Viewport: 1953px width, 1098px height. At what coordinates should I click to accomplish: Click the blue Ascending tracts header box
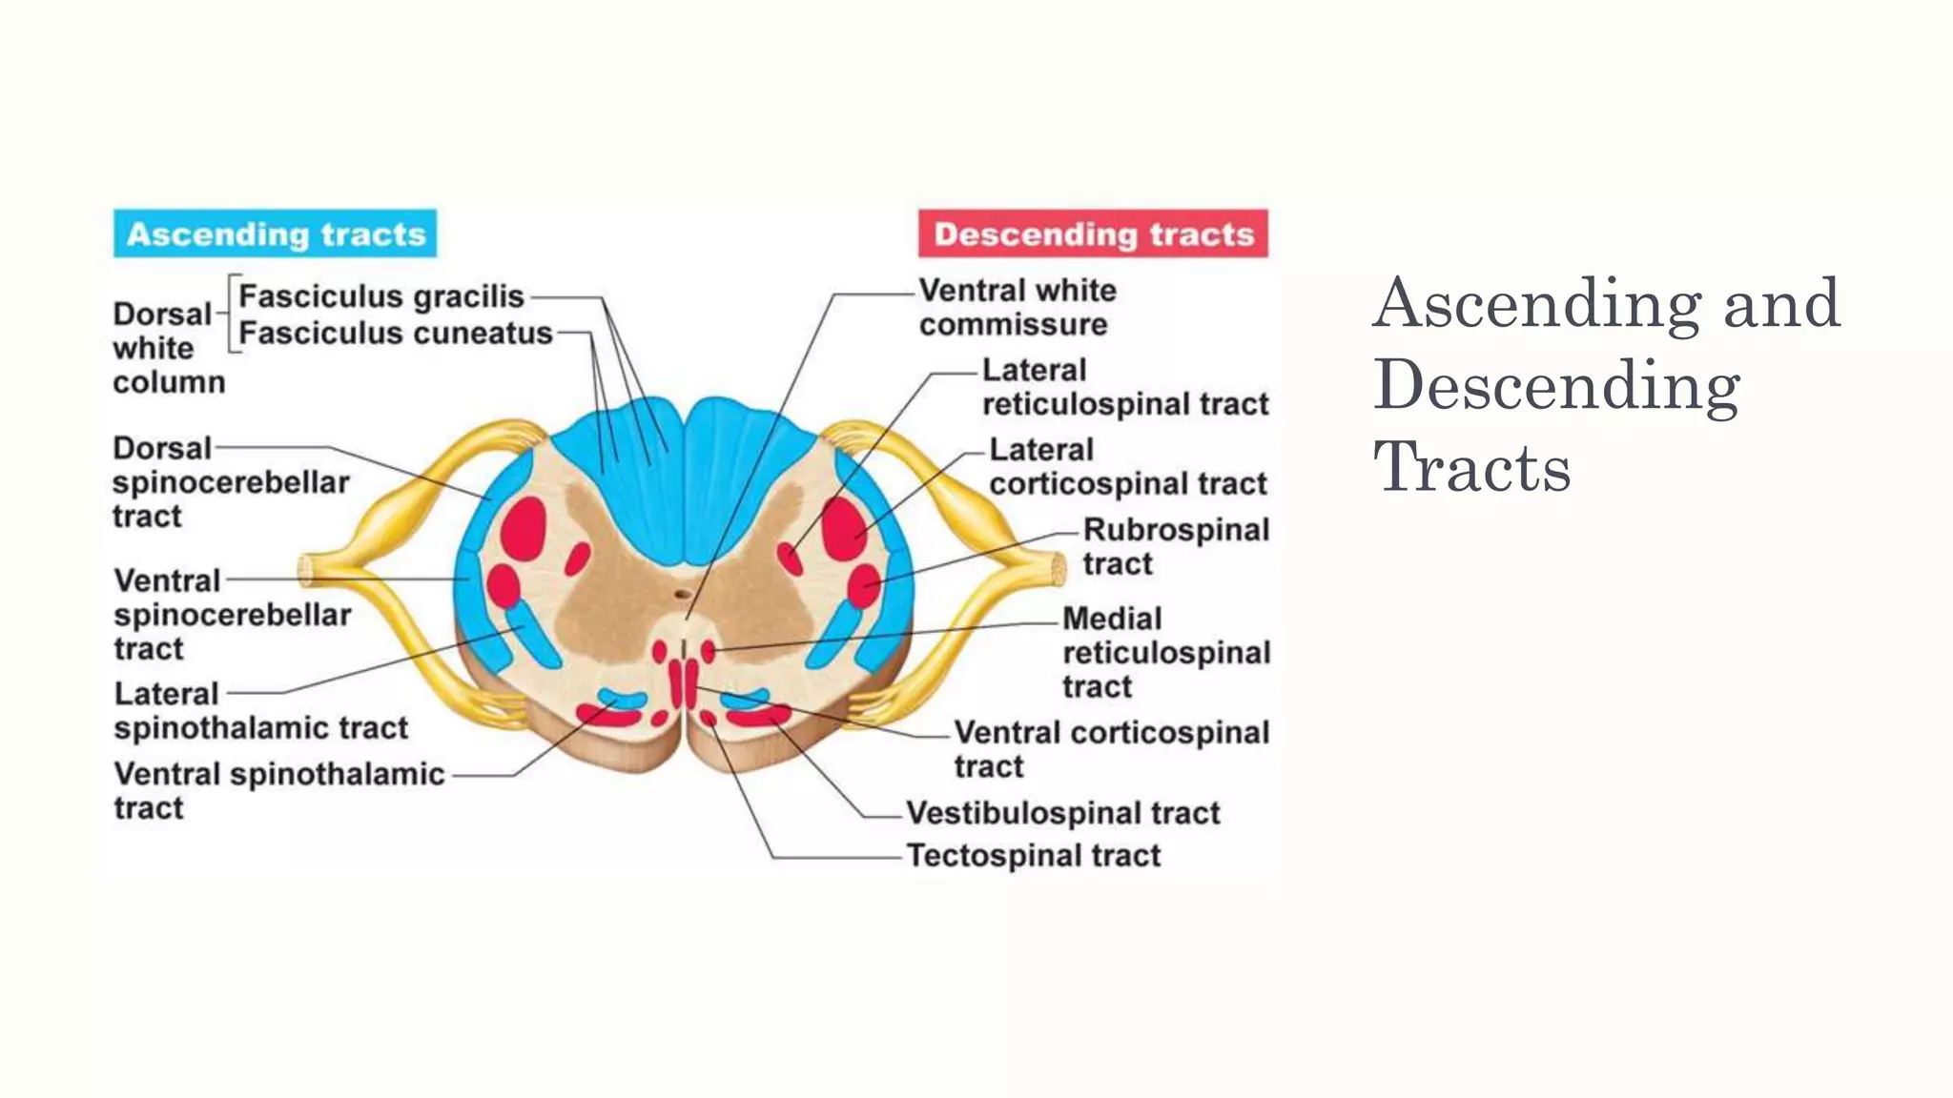click(275, 234)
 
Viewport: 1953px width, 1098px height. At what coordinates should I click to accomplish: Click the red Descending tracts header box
click(1093, 234)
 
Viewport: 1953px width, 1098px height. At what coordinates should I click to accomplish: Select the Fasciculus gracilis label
click(381, 296)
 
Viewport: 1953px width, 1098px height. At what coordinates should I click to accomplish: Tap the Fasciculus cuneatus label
click(396, 333)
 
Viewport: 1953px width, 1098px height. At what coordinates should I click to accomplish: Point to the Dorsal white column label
click(168, 348)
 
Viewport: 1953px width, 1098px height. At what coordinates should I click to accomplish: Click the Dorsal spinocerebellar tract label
click(230, 482)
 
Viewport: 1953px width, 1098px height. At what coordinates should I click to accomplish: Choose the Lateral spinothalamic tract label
click(260, 710)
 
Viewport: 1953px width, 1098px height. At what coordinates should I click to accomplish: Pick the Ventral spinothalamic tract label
click(278, 790)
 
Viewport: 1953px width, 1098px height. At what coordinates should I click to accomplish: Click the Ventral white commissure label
click(1017, 307)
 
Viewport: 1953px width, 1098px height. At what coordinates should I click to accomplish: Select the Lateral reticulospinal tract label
click(1125, 387)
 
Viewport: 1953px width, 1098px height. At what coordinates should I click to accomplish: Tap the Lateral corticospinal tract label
click(1128, 466)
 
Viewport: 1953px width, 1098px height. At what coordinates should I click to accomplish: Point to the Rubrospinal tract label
click(1175, 546)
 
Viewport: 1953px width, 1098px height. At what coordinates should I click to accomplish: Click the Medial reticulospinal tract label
click(1165, 652)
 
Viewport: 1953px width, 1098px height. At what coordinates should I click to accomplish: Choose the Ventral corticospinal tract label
click(1111, 748)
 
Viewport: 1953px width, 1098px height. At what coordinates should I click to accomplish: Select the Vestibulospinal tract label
click(1062, 813)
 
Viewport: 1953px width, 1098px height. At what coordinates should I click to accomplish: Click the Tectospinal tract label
click(1034, 855)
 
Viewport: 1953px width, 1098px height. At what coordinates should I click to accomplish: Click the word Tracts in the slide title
click(1471, 468)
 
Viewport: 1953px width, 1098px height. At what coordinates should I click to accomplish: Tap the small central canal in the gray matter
click(682, 594)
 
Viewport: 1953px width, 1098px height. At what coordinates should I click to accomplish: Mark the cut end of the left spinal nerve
click(306, 570)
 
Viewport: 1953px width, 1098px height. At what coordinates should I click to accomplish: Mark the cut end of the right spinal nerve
click(1058, 569)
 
